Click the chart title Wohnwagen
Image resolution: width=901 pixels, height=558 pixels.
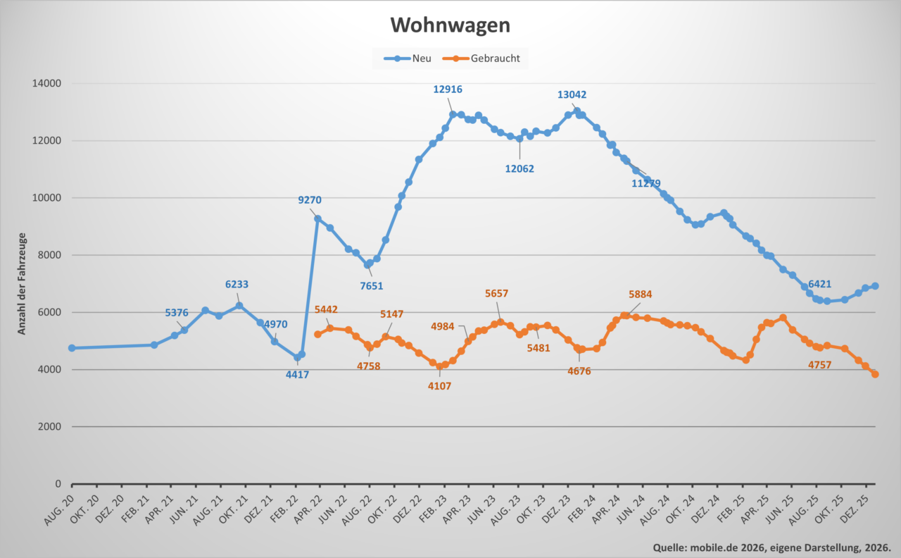pyautogui.click(x=450, y=25)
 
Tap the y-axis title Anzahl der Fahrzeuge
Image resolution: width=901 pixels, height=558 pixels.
pyautogui.click(x=22, y=283)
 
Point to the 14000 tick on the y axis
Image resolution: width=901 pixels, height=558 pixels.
pyautogui.click(x=48, y=83)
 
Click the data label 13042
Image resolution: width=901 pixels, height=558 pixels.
pyautogui.click(x=572, y=94)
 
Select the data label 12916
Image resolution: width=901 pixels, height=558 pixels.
pyautogui.click(x=448, y=89)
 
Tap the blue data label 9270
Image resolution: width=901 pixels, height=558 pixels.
pyautogui.click(x=310, y=200)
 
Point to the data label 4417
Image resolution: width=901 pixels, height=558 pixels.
pyautogui.click(x=297, y=375)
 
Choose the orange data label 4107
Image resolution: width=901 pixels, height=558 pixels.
pyautogui.click(x=439, y=386)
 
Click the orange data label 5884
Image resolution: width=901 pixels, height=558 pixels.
pyautogui.click(x=645, y=294)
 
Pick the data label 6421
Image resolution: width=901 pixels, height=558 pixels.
pyautogui.click(x=820, y=285)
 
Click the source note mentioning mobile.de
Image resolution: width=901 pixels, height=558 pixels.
pyautogui.click(x=772, y=547)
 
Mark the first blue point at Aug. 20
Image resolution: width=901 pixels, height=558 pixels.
pyautogui.click(x=72, y=348)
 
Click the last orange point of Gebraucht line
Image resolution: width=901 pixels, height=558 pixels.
pyautogui.click(x=875, y=374)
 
